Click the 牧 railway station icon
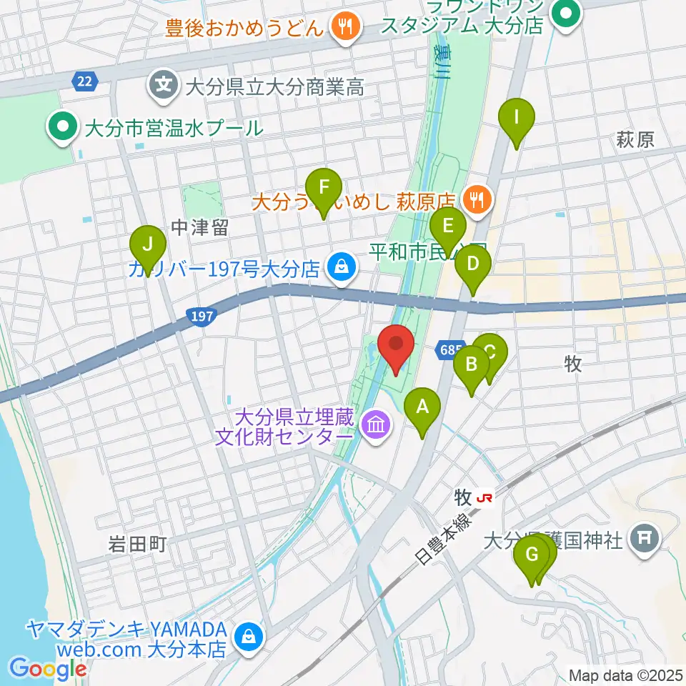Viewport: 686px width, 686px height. click(486, 497)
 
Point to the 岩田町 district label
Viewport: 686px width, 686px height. click(134, 545)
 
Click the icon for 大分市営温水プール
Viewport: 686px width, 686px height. click(63, 129)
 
